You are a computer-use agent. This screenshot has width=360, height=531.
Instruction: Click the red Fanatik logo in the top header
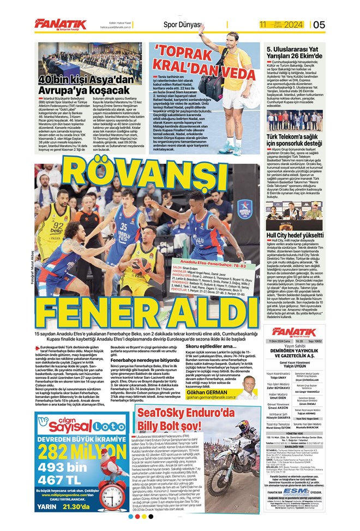tap(60, 23)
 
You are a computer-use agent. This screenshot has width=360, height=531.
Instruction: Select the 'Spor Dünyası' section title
tap(183, 24)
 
